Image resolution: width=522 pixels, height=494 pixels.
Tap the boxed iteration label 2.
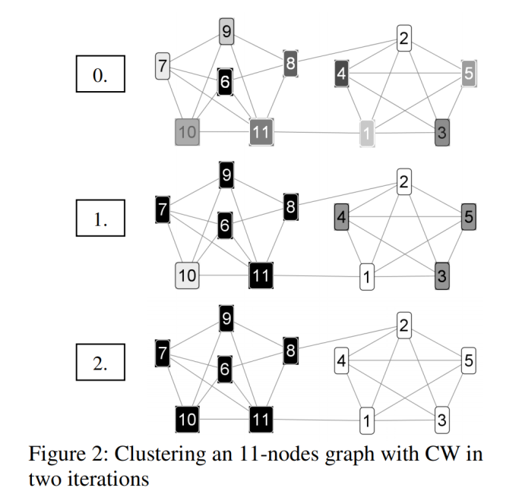pyautogui.click(x=100, y=363)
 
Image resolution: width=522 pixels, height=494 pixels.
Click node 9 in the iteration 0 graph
pyautogui.click(x=226, y=32)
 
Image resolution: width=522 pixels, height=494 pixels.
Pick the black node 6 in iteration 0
pyautogui.click(x=225, y=81)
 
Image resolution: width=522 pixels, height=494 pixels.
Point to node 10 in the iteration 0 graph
pyautogui.click(x=188, y=133)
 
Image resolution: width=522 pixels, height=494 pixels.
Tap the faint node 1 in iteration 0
pyautogui.click(x=368, y=134)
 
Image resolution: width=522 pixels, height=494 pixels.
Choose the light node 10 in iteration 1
pyautogui.click(x=188, y=276)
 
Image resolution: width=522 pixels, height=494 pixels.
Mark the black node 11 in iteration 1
pyautogui.click(x=261, y=276)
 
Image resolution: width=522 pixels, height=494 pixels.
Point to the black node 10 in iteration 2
pyautogui.click(x=188, y=419)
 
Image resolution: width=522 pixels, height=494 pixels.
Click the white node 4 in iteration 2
pyautogui.click(x=342, y=361)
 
